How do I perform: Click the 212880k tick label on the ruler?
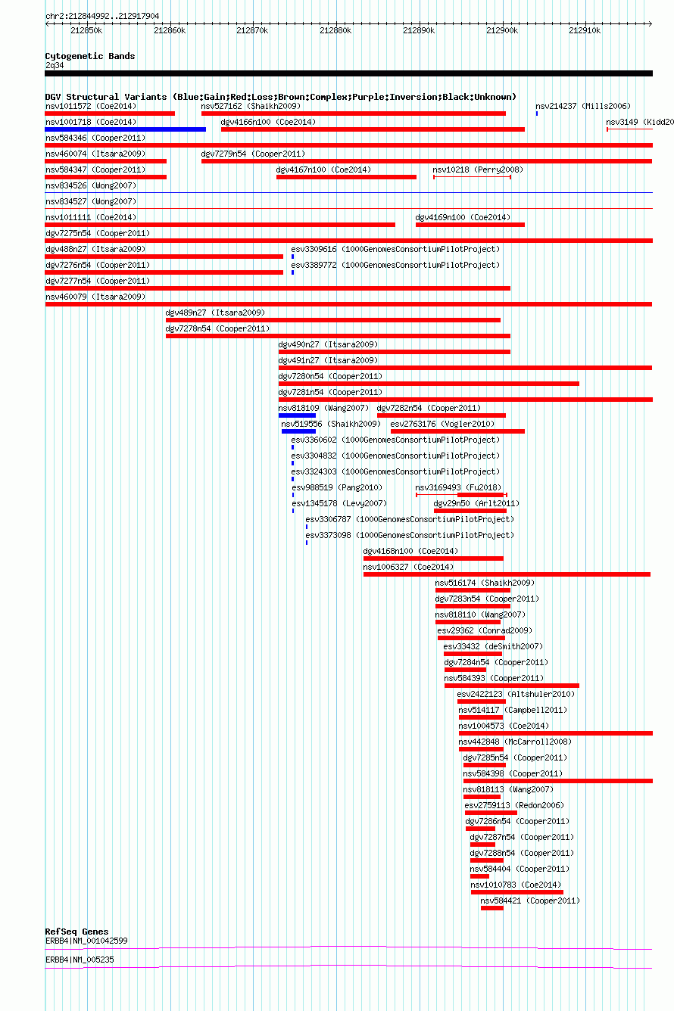(x=335, y=31)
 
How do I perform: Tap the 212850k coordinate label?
(x=86, y=31)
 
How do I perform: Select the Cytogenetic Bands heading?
(x=90, y=56)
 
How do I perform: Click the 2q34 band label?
(x=55, y=65)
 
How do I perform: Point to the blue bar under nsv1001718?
(x=126, y=129)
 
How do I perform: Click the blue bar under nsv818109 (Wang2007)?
(x=297, y=415)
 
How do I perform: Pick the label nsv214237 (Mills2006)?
(x=583, y=106)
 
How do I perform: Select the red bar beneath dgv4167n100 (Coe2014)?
(x=346, y=177)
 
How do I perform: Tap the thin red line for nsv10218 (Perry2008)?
(x=472, y=177)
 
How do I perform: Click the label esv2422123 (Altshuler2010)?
(x=516, y=694)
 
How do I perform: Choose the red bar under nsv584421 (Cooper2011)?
(x=492, y=908)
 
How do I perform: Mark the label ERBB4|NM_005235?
(x=80, y=960)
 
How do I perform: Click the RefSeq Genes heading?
(x=76, y=932)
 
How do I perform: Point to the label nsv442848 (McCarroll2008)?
(x=515, y=742)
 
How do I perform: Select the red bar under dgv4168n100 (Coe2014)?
(x=433, y=558)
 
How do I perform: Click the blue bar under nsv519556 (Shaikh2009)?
(x=298, y=431)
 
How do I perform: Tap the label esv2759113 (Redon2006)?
(x=514, y=806)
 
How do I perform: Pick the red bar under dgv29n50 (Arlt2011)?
(x=470, y=511)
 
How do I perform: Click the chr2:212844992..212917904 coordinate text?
(x=102, y=16)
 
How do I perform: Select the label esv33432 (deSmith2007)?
(x=493, y=647)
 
